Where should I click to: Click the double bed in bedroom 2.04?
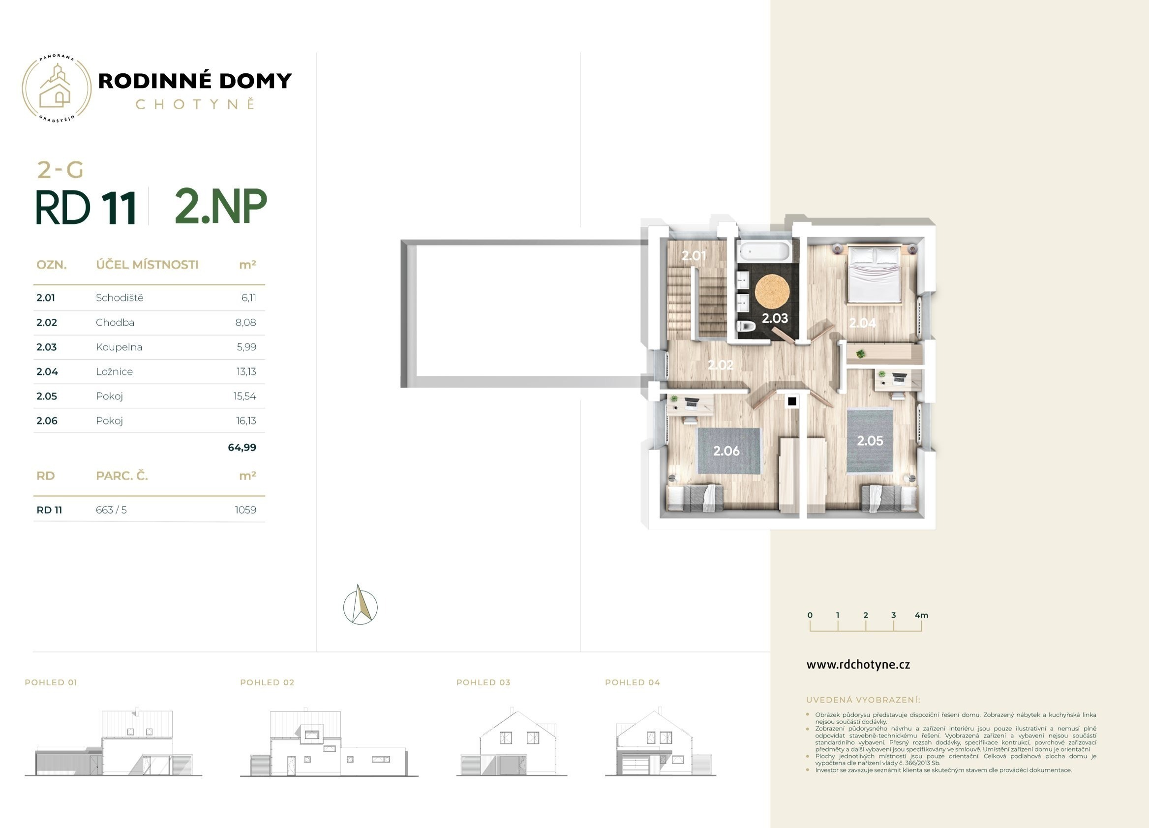(x=874, y=274)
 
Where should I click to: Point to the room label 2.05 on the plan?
(x=870, y=441)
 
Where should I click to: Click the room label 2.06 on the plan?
(x=726, y=451)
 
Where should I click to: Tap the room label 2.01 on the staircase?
(x=694, y=255)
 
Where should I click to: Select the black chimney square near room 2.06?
(x=792, y=401)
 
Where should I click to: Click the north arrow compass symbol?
(x=360, y=605)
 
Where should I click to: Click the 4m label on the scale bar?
(x=921, y=615)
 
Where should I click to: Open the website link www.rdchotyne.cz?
(x=858, y=664)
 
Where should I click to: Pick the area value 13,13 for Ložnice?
(x=246, y=371)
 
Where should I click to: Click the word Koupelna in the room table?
(x=119, y=347)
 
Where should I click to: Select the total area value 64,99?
(x=242, y=447)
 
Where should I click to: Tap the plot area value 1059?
(x=245, y=510)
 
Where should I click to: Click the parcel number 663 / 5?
(x=112, y=510)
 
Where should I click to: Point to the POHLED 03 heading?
(x=484, y=682)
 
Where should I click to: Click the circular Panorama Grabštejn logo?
(x=57, y=89)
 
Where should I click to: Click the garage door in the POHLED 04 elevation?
(x=636, y=765)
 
